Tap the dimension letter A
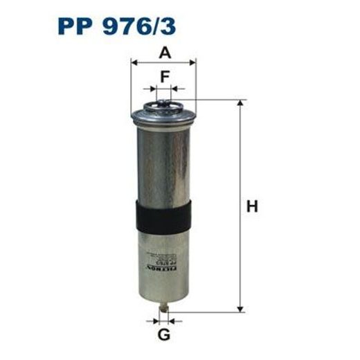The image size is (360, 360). tap(164, 51)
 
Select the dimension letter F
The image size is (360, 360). tap(164, 77)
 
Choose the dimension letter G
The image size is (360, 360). tap(163, 336)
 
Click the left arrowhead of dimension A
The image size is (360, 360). tap(134, 62)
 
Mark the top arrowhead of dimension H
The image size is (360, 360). tap(240, 104)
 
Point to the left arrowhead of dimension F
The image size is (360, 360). tap(151, 89)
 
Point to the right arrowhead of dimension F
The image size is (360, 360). tap(174, 89)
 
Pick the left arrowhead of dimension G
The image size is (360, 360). tap(154, 321)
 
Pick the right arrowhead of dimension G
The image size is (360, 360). tap(172, 321)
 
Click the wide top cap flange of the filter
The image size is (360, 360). tap(163, 116)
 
